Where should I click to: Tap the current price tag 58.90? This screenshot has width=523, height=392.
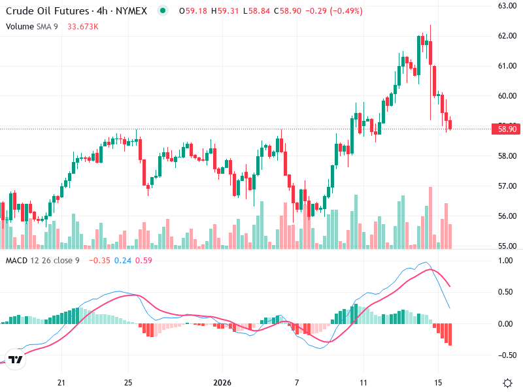pos(507,129)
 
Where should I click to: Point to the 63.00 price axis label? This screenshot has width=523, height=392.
pos(507,6)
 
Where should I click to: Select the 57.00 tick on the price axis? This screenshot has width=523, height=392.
pos(507,186)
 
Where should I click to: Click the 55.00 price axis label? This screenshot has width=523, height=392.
pos(507,246)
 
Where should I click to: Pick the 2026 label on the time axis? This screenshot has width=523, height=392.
pos(223,382)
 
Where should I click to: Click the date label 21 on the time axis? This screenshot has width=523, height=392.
pos(62,382)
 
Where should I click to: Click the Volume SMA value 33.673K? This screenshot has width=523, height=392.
pos(83,27)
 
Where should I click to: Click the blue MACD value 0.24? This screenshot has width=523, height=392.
pos(123,261)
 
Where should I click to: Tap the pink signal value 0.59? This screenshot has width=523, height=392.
pos(144,261)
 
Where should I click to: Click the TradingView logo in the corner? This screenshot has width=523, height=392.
pos(16,359)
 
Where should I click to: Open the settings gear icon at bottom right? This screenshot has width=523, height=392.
pos(507,382)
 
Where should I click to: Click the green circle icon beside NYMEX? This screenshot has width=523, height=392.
pos(162,10)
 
